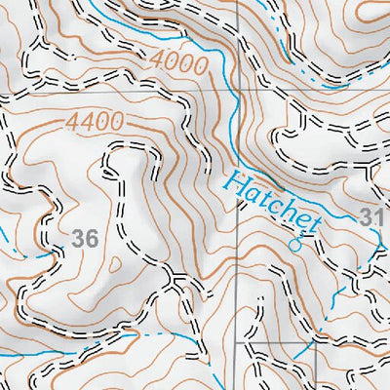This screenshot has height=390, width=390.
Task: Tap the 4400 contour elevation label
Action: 95,122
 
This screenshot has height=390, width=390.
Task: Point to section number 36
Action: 86,237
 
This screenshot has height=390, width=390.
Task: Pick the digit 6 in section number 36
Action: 93,237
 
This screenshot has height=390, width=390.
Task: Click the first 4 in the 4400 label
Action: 73,125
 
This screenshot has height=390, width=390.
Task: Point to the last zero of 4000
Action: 201,67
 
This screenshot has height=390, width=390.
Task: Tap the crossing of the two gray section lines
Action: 238,94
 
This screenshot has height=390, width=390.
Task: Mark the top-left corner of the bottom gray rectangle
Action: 238,343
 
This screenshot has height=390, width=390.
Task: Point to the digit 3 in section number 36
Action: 79,237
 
